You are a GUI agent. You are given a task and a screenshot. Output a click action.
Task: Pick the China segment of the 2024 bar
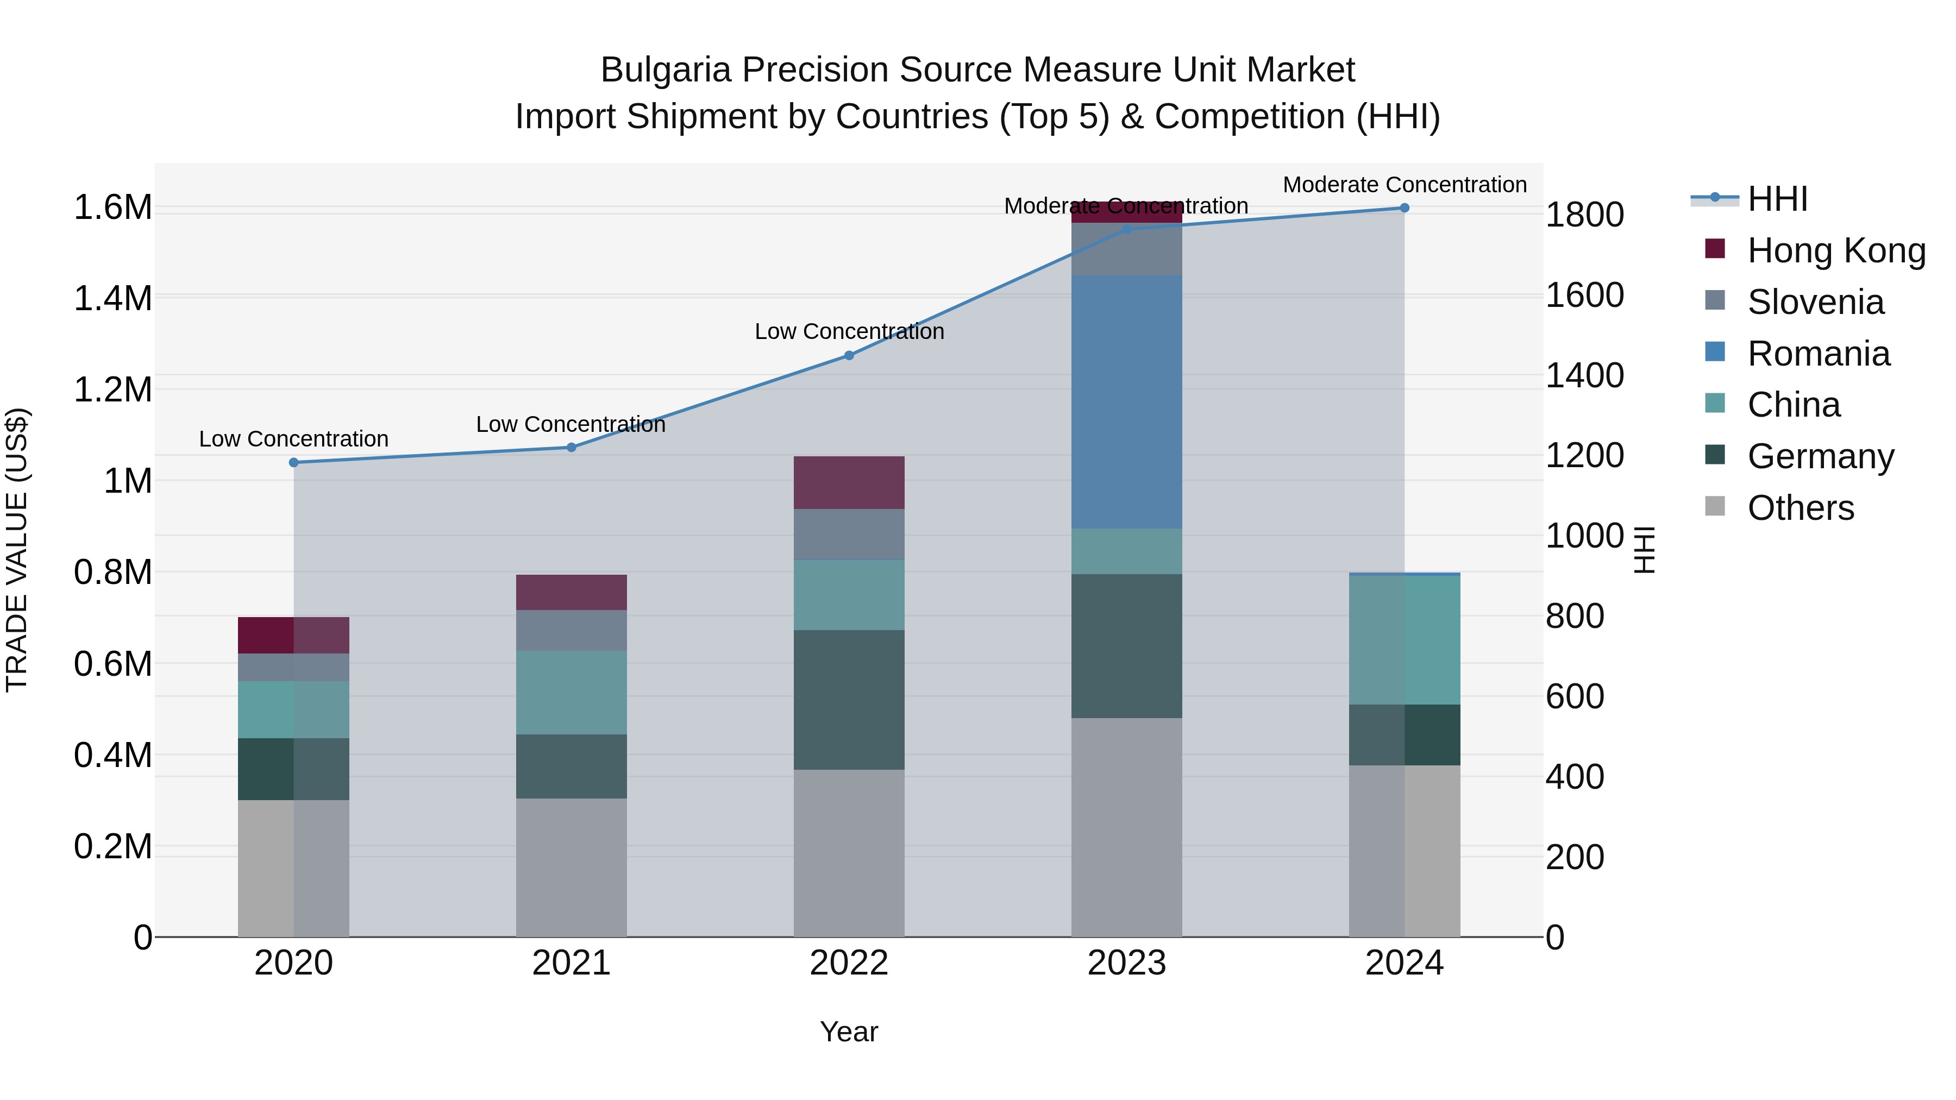(x=1404, y=640)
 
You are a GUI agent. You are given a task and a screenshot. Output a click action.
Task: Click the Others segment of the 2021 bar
(x=571, y=867)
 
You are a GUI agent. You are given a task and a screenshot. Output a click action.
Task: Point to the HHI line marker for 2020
(x=294, y=462)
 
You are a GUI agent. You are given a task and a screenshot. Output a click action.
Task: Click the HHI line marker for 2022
(x=849, y=355)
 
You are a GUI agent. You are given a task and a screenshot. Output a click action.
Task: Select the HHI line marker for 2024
(x=1404, y=208)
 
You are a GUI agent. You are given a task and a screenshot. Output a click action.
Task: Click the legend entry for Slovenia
(x=1815, y=302)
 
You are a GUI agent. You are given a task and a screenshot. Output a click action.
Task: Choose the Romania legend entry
(x=1818, y=354)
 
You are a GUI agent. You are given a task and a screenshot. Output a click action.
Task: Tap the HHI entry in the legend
(x=1777, y=199)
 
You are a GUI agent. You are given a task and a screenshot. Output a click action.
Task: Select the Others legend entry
(x=1800, y=508)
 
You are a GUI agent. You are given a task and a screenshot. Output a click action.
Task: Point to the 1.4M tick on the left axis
(x=112, y=298)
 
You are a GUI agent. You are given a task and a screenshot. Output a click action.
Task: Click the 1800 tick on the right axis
(x=1585, y=215)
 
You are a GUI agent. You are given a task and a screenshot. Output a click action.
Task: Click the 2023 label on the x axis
(x=1126, y=963)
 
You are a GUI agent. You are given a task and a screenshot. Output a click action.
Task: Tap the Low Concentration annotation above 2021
(x=570, y=424)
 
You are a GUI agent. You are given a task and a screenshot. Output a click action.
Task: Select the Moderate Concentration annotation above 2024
(x=1404, y=185)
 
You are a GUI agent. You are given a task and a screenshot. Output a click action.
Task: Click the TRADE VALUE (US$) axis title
(x=17, y=550)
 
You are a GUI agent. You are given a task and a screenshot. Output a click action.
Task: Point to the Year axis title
(x=849, y=1032)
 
